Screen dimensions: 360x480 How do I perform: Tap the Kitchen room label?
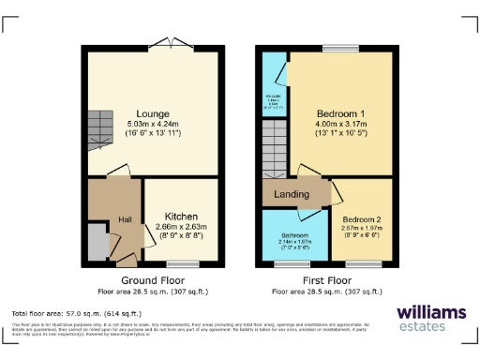[182, 217]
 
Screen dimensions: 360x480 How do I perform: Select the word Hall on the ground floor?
[124, 220]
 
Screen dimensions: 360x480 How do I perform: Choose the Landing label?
[292, 194]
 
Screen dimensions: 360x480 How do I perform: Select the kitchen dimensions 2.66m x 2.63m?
[182, 228]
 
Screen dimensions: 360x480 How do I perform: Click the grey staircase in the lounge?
[99, 132]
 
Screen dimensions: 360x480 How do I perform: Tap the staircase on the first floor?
[274, 151]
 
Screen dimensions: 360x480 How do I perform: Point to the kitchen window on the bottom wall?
[183, 263]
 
